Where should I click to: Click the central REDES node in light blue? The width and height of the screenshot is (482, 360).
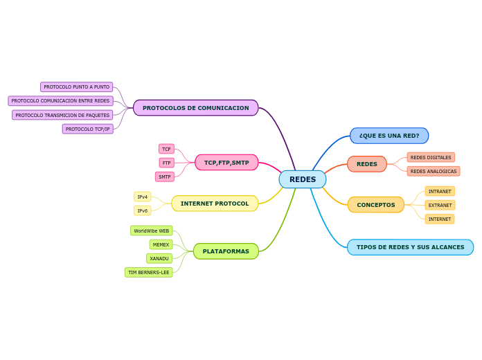[303, 179]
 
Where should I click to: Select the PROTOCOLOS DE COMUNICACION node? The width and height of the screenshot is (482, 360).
[195, 108]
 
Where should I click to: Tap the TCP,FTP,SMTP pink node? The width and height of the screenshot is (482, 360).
[226, 163]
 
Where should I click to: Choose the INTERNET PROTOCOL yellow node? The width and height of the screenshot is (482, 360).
[215, 204]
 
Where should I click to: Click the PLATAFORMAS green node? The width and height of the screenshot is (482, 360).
[226, 251]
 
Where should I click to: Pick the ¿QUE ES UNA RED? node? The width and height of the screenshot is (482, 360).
[389, 136]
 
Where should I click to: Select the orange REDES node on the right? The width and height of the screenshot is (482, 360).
[367, 164]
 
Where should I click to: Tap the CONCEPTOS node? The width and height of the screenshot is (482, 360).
[376, 205]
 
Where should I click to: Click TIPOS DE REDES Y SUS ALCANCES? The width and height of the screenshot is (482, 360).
[411, 247]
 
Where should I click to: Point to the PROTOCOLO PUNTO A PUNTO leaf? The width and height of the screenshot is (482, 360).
[77, 87]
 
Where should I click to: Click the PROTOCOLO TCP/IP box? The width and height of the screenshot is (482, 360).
[88, 129]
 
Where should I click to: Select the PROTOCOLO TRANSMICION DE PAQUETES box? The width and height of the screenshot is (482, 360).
[62, 115]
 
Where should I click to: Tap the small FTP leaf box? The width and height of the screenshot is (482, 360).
[167, 163]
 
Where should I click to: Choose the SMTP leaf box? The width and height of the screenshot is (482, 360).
[165, 177]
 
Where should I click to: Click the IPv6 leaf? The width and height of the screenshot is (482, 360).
[143, 210]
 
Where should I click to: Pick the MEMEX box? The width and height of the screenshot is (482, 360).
[161, 244]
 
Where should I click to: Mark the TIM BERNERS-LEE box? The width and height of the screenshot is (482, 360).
[149, 272]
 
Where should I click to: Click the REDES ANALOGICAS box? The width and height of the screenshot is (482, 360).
[434, 171]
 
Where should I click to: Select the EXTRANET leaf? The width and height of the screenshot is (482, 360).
[440, 205]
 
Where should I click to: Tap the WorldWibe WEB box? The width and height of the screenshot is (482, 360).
[152, 231]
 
